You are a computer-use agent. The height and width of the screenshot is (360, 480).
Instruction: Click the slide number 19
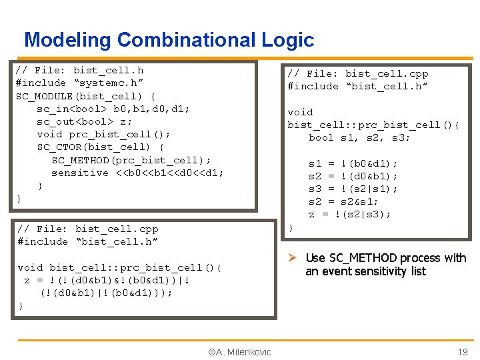(x=462, y=352)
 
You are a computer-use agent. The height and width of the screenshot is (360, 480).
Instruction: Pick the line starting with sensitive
(x=137, y=173)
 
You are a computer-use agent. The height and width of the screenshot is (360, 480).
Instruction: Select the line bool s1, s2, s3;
(x=359, y=137)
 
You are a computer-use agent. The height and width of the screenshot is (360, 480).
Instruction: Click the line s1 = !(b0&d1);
(x=353, y=163)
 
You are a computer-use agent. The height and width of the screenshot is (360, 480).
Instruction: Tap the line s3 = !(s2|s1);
(x=353, y=189)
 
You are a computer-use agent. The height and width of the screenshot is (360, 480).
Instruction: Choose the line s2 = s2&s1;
(x=343, y=201)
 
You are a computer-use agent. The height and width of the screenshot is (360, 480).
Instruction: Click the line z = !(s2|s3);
(x=349, y=214)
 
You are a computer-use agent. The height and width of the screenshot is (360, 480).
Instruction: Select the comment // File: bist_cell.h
(x=79, y=70)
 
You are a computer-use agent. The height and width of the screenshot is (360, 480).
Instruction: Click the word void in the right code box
(x=300, y=112)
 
